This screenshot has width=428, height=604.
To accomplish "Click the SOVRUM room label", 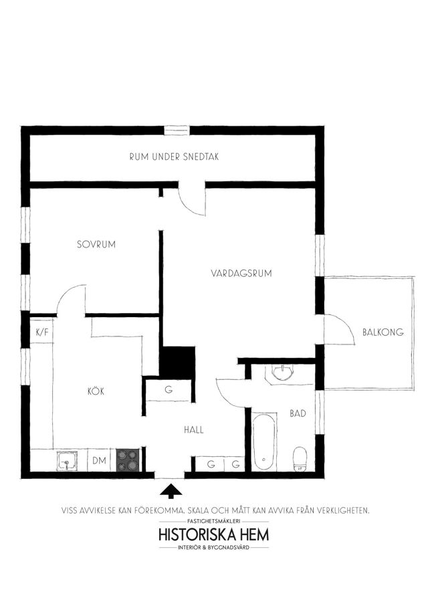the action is point(96,244).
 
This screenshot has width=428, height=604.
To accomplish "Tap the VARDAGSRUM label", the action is point(241,273).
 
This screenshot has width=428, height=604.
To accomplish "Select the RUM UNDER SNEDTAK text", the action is point(174,157).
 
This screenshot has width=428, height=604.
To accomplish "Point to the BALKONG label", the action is point(383,332).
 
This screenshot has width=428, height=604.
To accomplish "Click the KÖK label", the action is point(96,391).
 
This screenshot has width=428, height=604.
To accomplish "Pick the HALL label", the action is point(194,430).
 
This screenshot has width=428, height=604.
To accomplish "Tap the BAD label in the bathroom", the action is point(298,413).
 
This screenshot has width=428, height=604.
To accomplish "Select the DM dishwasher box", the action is point(100,460).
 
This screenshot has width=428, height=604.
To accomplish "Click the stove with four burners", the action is point(128,460).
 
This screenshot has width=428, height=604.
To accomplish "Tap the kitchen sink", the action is point(67,461).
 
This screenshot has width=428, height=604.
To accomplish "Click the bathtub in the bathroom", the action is point(264,441).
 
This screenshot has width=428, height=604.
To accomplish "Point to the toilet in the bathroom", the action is point(300,459).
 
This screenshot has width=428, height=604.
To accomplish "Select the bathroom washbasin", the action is point(282,372).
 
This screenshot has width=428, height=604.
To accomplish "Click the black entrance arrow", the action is point(171,490).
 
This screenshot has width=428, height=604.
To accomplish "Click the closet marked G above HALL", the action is point(169,390).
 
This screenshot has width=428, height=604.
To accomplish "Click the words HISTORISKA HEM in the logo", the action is point(214,534).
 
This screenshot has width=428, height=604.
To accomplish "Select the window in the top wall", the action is point(178,130).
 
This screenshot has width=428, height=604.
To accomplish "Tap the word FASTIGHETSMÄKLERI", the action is point(214,521).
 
